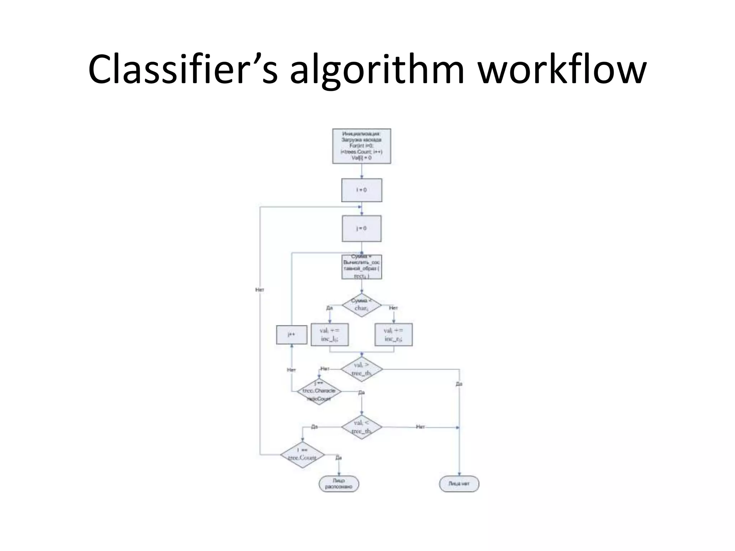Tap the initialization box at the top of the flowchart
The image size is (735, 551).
(x=361, y=146)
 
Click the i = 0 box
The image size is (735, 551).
(x=361, y=190)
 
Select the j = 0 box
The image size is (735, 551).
(x=361, y=229)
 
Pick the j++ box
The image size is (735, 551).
(x=291, y=335)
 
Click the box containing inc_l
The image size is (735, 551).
(x=329, y=335)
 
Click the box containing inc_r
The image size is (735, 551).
(x=393, y=335)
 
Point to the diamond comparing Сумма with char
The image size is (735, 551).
(x=361, y=305)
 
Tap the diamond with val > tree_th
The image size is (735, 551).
(x=361, y=369)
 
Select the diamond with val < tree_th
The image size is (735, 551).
(x=361, y=427)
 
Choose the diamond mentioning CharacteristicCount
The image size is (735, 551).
(x=319, y=391)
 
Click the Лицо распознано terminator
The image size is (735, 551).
(x=339, y=484)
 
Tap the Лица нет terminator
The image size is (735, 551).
(x=459, y=484)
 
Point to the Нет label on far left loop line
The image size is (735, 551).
(x=259, y=289)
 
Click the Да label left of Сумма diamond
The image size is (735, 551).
(x=329, y=308)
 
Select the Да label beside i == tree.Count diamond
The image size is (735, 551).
(x=338, y=458)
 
